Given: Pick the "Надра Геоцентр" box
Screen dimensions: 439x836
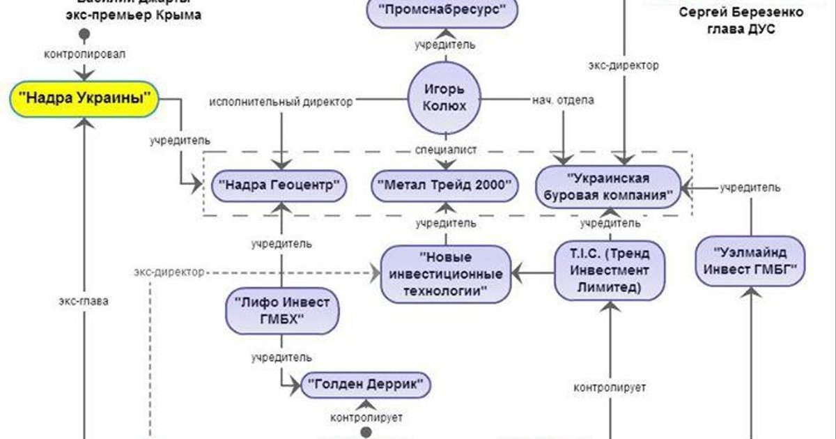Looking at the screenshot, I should tap(279, 185).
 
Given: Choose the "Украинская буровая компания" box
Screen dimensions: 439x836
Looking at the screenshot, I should tap(608, 185).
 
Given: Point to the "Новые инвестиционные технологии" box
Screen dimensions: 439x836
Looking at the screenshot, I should tap(445, 273).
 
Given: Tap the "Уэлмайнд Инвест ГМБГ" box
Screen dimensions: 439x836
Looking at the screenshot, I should tap(750, 260).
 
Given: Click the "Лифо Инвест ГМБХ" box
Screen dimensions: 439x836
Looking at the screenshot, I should tap(281, 311).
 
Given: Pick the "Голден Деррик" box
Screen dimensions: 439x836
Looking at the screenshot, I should tap(366, 384).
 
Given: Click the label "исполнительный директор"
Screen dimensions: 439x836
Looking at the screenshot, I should tap(281, 101).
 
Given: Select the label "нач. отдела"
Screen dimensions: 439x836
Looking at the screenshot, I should tap(563, 100).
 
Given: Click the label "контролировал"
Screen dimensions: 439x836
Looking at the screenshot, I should tap(84, 54).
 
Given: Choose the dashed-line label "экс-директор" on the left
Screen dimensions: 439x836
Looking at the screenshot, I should tap(169, 272).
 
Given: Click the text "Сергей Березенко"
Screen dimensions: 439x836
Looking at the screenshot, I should tap(740, 13).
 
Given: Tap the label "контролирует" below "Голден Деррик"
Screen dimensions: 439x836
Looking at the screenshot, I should tap(366, 417).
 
